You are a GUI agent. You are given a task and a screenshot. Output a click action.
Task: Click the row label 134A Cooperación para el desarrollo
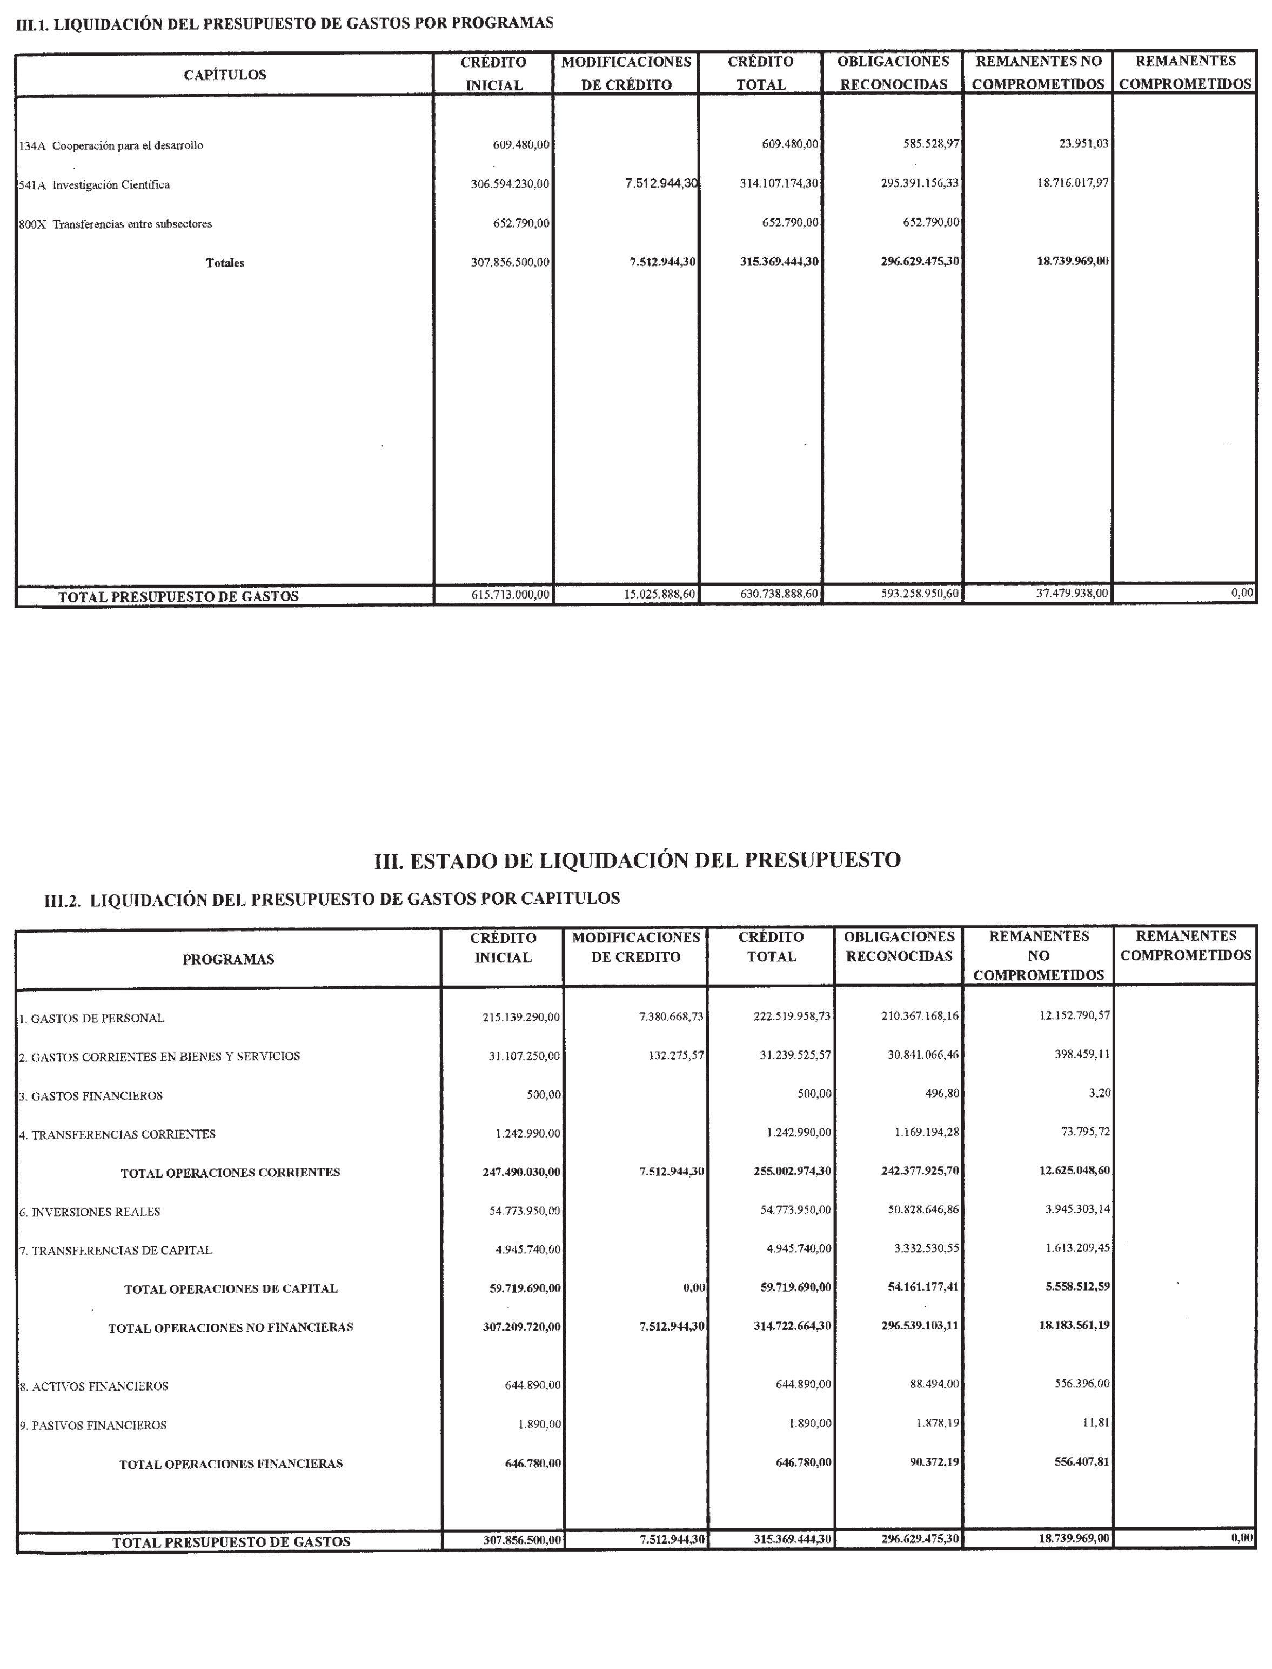pyautogui.click(x=111, y=145)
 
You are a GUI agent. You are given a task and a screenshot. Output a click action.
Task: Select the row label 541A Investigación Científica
pyautogui.click(x=95, y=185)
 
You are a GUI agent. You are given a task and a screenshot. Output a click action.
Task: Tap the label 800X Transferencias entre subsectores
pyautogui.click(x=115, y=224)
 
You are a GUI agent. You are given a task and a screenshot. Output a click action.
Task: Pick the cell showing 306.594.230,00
pyautogui.click(x=510, y=183)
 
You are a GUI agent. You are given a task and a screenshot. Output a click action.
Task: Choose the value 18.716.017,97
pyautogui.click(x=1072, y=183)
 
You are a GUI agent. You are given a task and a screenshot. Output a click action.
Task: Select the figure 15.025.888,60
pyautogui.click(x=659, y=594)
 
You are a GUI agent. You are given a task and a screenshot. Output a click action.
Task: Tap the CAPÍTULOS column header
pyautogui.click(x=225, y=75)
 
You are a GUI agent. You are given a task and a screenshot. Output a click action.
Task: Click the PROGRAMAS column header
pyautogui.click(x=228, y=959)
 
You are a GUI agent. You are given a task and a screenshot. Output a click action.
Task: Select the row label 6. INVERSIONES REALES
pyautogui.click(x=90, y=1212)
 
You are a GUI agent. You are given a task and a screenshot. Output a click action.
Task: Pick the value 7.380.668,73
pyautogui.click(x=671, y=1017)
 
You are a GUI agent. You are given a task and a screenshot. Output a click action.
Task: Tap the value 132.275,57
pyautogui.click(x=676, y=1055)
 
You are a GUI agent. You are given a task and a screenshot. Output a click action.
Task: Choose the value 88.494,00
pyautogui.click(x=934, y=1384)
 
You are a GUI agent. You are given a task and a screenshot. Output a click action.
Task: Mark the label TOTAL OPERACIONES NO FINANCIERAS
pyautogui.click(x=231, y=1327)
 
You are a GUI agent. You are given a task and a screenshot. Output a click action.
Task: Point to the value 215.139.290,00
pyautogui.click(x=521, y=1018)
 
